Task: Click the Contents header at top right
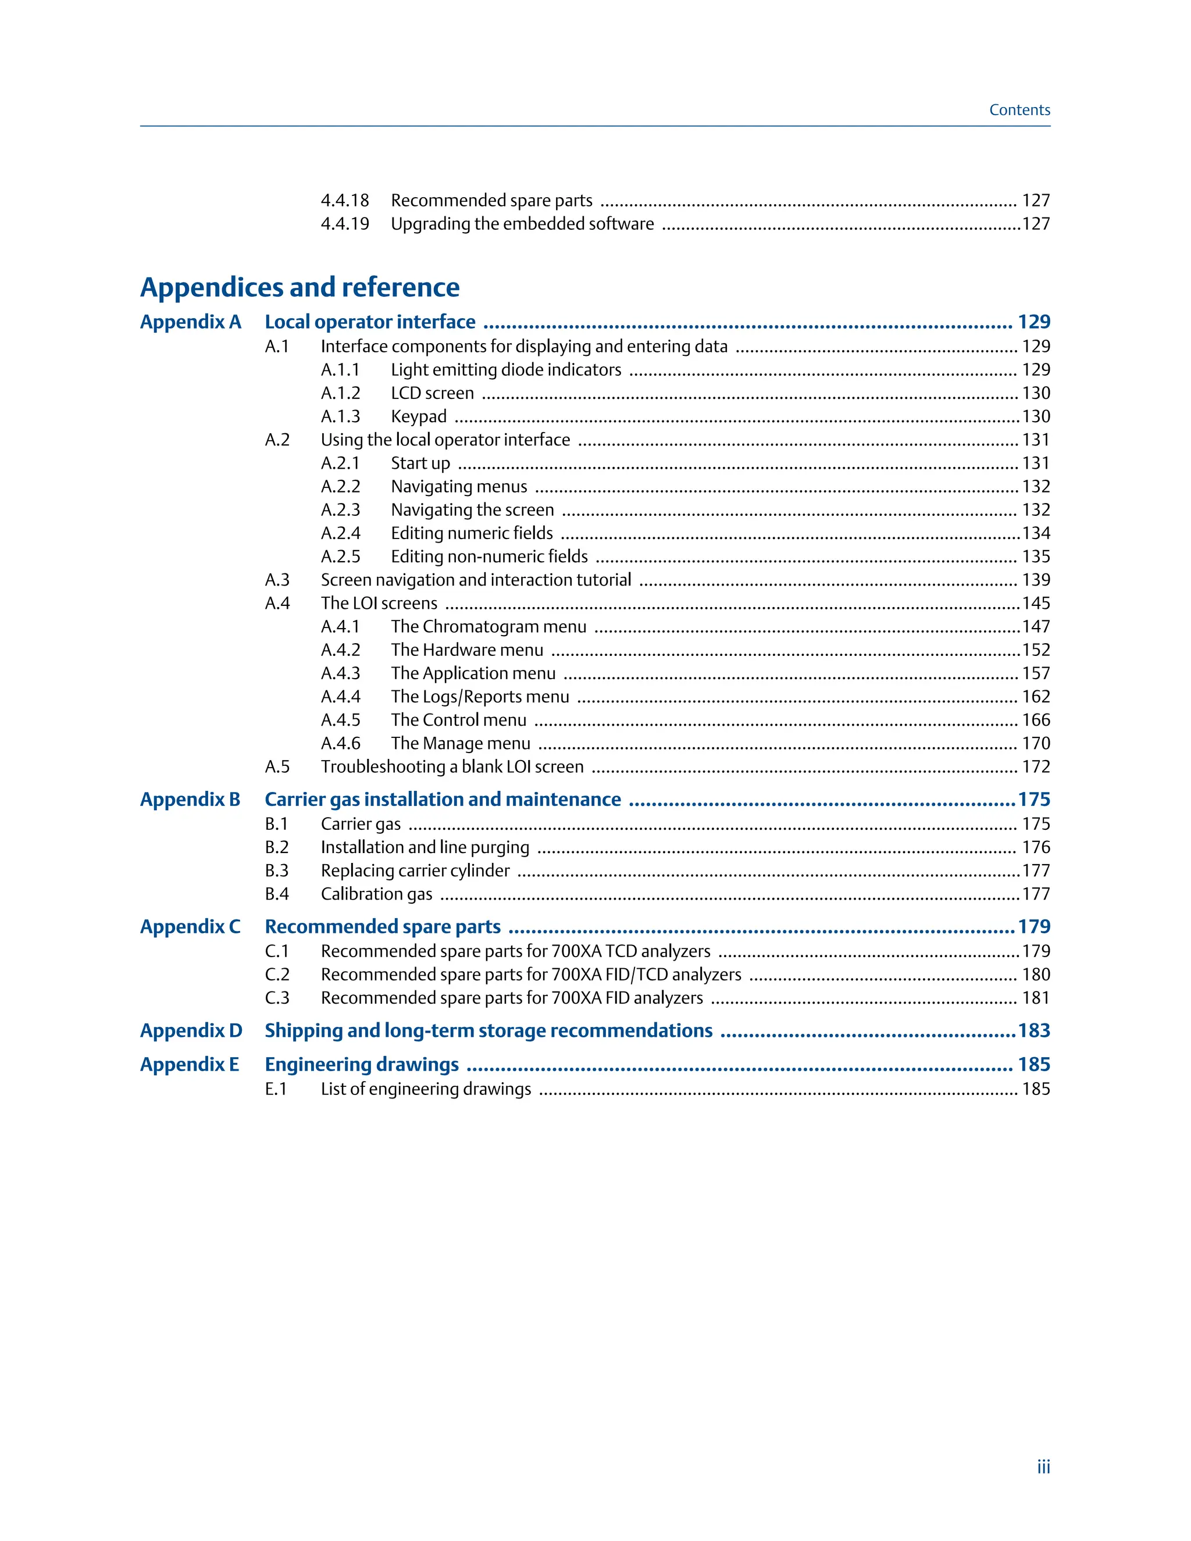1019,110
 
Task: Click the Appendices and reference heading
300,287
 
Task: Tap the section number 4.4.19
344,224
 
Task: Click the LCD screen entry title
432,393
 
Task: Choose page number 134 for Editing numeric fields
1036,533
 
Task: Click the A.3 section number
277,580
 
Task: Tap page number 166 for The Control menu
1036,720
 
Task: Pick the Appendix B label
190,800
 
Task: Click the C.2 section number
277,975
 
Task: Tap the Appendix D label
191,1031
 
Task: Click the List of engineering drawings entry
426,1089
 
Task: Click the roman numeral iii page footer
1043,1467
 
